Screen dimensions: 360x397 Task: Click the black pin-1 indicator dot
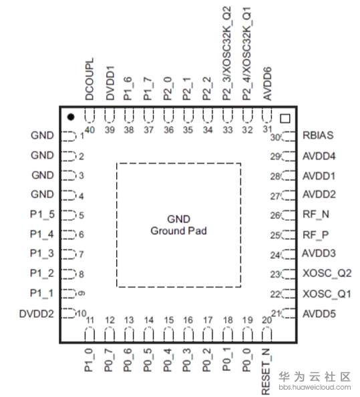[x=71, y=117]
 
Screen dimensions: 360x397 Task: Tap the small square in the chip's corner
[x=285, y=119]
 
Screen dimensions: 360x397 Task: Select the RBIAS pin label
[x=318, y=135]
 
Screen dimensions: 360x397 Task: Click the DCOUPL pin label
[x=89, y=79]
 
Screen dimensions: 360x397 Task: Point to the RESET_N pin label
[x=266, y=371]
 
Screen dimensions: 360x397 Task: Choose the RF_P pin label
[x=316, y=236]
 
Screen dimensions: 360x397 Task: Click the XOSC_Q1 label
[x=327, y=294]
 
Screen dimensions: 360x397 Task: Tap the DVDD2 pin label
[x=37, y=314]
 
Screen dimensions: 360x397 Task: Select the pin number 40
[x=89, y=130]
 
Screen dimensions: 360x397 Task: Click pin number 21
[x=276, y=314]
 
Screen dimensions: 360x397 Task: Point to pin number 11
[x=90, y=320]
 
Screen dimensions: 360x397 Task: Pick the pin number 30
[x=275, y=137]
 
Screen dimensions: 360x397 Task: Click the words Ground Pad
[x=179, y=231]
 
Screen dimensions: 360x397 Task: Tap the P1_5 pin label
[x=42, y=214]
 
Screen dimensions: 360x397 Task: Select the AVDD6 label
[x=267, y=83]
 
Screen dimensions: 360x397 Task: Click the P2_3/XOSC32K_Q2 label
[x=227, y=53]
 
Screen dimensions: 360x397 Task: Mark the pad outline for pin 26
[x=289, y=215]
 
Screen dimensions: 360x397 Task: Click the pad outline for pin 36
[x=168, y=115]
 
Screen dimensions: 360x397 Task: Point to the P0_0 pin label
[x=247, y=360]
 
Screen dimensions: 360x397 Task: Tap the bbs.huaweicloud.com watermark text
[x=315, y=388]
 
